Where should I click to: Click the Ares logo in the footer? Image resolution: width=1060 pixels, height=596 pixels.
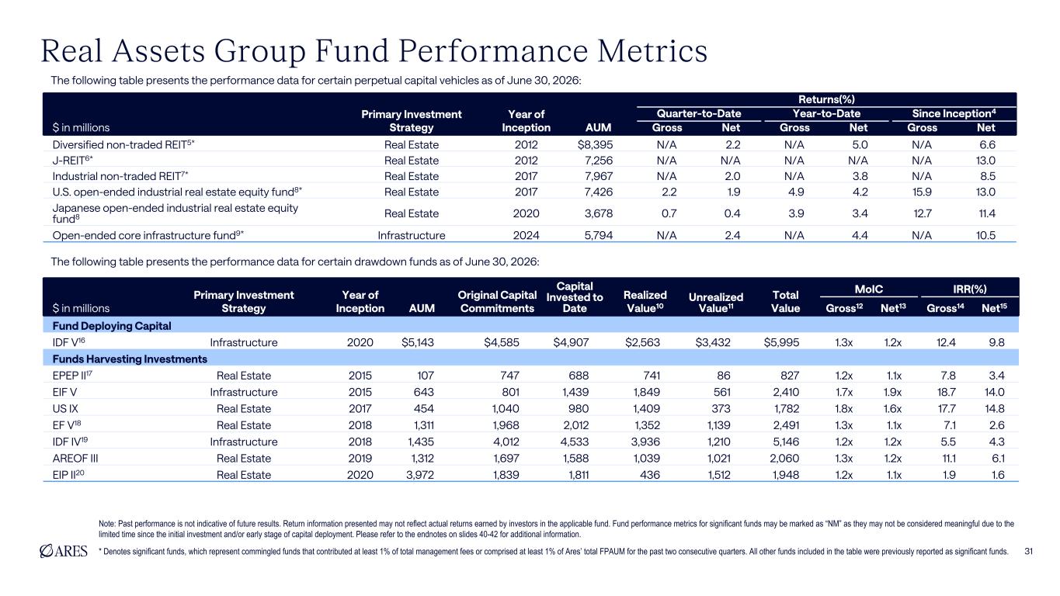tap(64, 551)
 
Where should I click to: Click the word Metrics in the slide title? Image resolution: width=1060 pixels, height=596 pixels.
tap(652, 50)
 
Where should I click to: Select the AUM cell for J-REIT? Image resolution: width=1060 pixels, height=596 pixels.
tap(599, 161)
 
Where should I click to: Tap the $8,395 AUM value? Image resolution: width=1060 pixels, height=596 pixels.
tap(595, 145)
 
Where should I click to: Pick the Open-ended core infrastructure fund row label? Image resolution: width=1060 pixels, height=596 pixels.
tap(148, 235)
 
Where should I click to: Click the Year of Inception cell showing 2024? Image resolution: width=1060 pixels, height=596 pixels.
tap(526, 235)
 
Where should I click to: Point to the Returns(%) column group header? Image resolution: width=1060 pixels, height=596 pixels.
tap(826, 99)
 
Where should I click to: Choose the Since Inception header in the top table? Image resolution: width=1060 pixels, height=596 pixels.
tap(954, 113)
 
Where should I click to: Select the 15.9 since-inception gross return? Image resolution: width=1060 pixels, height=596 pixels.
tap(923, 192)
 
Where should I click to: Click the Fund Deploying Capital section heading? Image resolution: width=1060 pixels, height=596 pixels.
tap(112, 326)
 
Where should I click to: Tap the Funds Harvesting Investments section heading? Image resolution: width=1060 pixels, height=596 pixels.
tap(130, 359)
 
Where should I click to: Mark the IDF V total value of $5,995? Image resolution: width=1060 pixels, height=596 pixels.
tap(781, 342)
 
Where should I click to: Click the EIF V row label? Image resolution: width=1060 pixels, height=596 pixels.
tap(64, 392)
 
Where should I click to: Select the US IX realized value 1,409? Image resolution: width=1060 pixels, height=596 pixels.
tap(646, 409)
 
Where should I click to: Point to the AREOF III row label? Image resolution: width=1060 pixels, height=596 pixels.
tap(75, 459)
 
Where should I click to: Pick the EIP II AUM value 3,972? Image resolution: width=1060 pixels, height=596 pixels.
tap(420, 475)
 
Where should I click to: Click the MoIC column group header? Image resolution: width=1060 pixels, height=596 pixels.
tap(868, 289)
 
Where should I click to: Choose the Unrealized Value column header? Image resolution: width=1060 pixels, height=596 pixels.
tap(715, 303)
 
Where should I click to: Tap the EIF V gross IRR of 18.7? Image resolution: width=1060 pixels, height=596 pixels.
tap(946, 392)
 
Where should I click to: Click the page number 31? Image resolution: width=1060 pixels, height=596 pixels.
tap(1028, 551)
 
